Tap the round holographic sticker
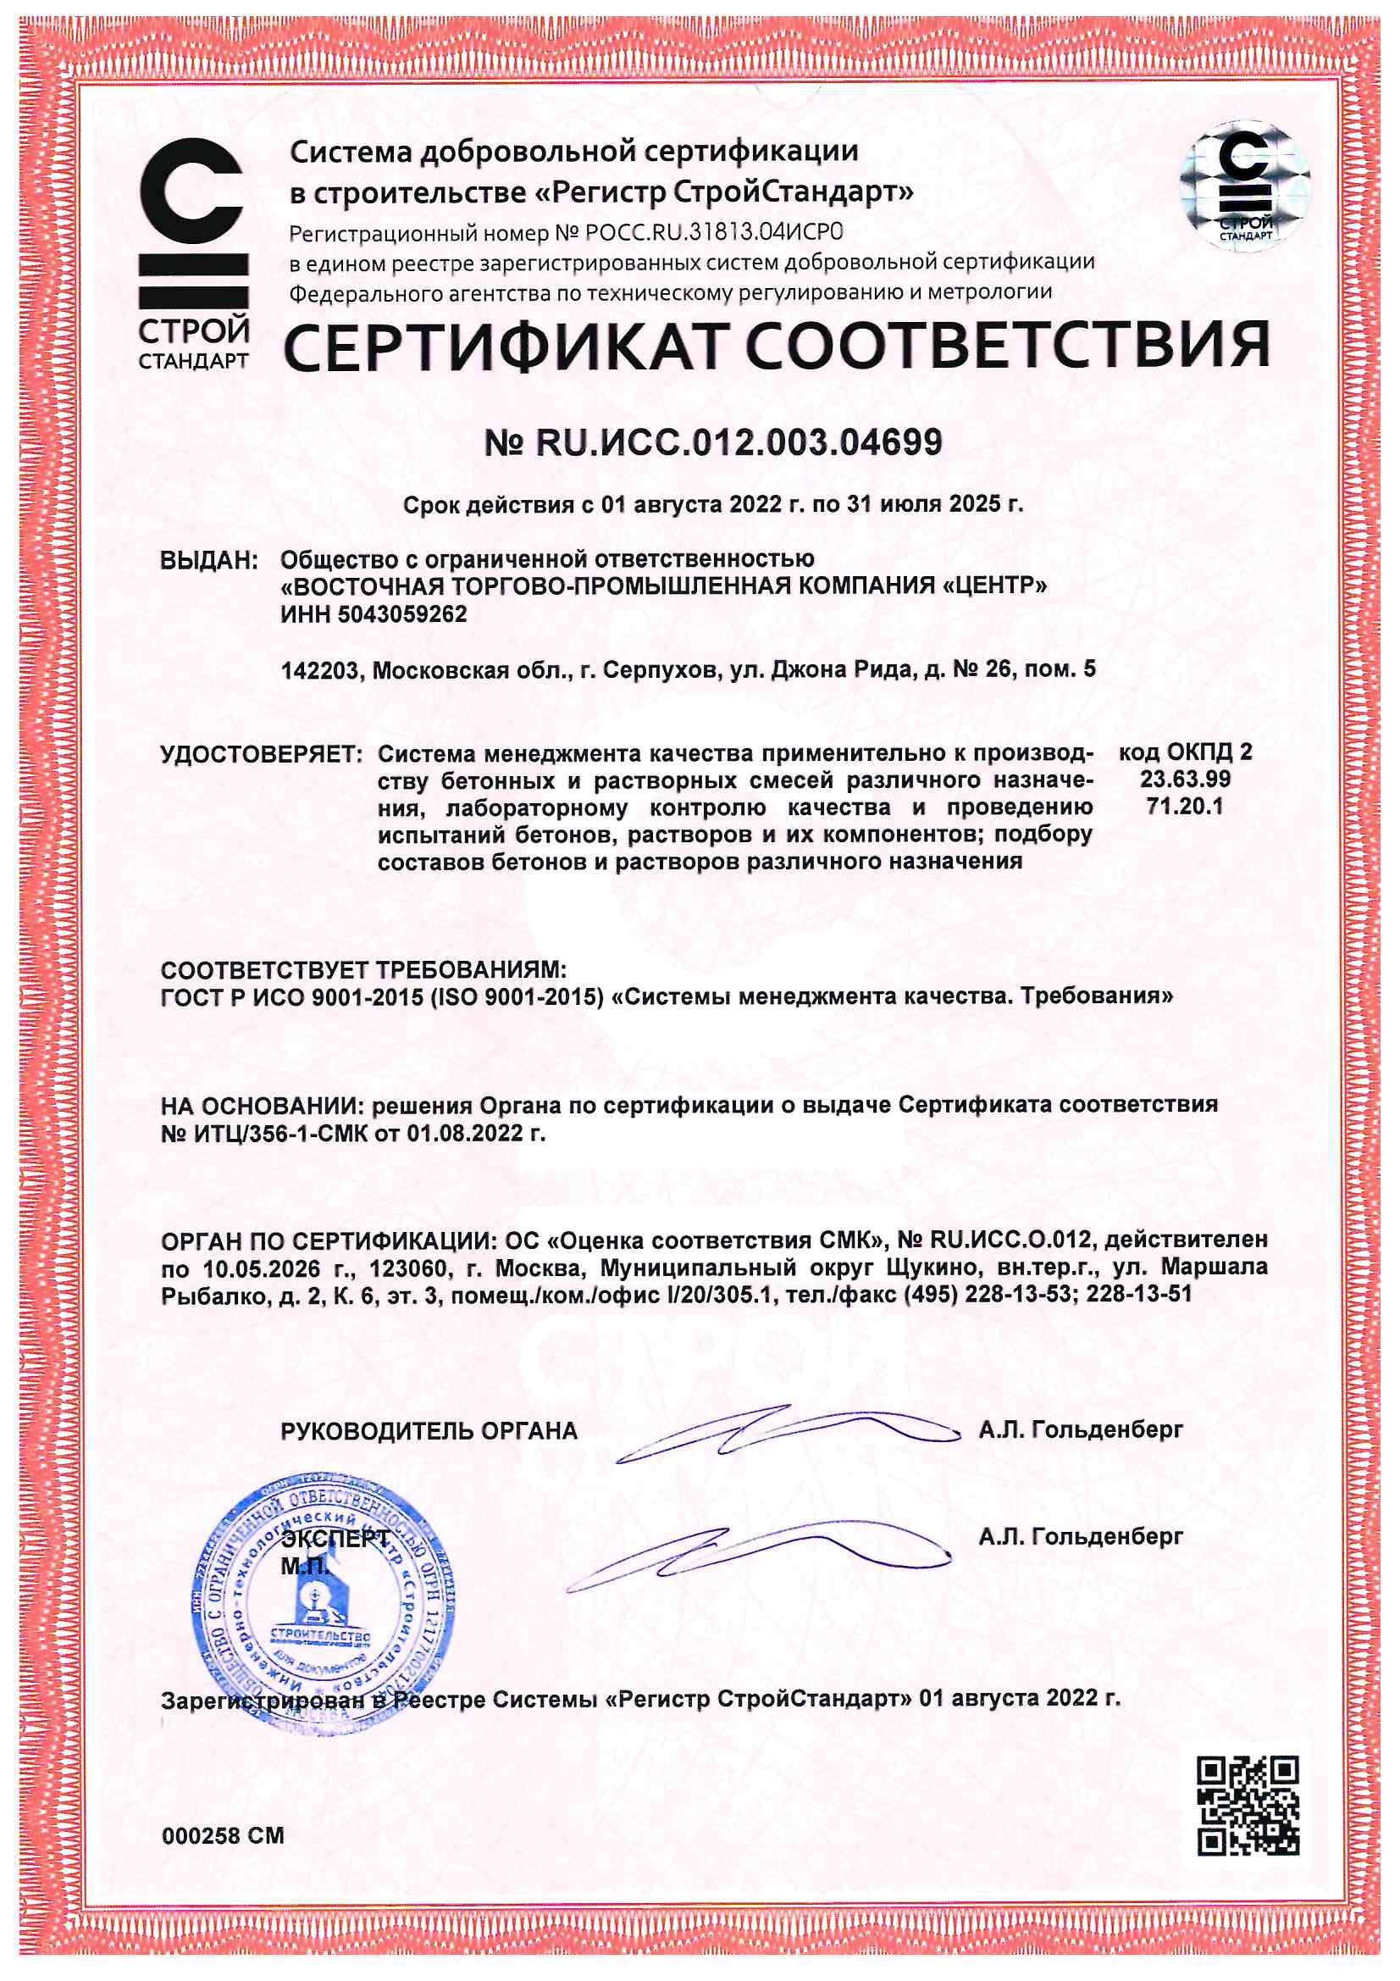pos(1245,186)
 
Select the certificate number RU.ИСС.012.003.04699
pos(739,442)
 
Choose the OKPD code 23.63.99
pos(1184,780)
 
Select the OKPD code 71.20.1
pos(1184,807)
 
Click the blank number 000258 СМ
pos(223,1835)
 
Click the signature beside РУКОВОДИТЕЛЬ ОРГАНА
pos(785,1432)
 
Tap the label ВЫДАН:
pos(208,561)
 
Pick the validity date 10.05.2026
pos(262,1269)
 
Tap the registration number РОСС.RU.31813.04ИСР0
pos(714,232)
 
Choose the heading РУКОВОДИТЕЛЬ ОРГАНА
pos(429,1431)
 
